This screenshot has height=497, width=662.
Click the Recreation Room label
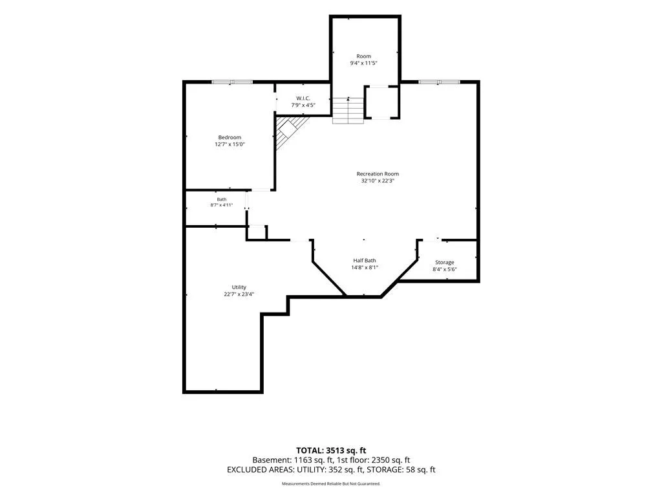(378, 173)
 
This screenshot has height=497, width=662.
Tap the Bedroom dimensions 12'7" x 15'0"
(230, 144)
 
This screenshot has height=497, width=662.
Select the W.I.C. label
(303, 98)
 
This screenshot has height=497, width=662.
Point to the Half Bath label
(365, 261)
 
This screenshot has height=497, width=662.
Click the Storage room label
(445, 263)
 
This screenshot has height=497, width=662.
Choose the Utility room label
(239, 287)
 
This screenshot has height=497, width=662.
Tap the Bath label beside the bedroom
(222, 199)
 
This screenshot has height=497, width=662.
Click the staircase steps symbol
(348, 111)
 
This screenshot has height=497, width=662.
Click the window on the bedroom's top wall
(232, 82)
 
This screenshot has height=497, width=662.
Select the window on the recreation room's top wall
(439, 82)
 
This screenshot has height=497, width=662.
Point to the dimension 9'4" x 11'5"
(363, 63)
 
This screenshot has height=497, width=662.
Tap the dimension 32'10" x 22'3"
(378, 181)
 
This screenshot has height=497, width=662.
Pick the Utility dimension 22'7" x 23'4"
(239, 294)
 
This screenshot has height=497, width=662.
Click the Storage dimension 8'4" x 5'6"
(445, 269)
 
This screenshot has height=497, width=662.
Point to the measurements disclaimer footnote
(331, 483)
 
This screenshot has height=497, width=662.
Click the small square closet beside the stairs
(381, 102)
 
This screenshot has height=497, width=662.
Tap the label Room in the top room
(363, 56)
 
